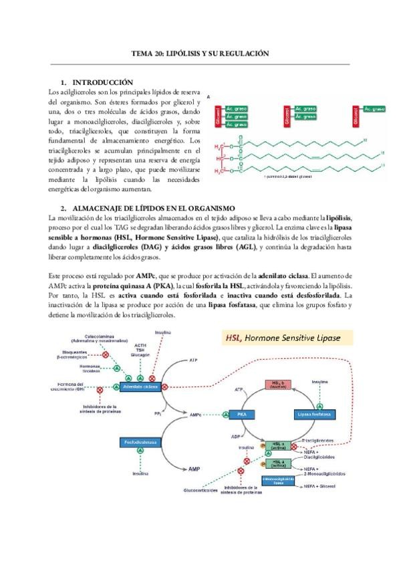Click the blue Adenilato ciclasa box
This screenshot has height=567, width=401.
pyautogui.click(x=140, y=386)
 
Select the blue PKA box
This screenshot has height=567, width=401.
pyautogui.click(x=242, y=415)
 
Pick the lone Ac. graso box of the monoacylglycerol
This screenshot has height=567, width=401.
pyautogui.click(x=372, y=108)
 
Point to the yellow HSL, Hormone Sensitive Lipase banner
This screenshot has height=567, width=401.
pyautogui.click(x=282, y=338)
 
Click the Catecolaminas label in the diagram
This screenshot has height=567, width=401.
pyautogui.click(x=102, y=337)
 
